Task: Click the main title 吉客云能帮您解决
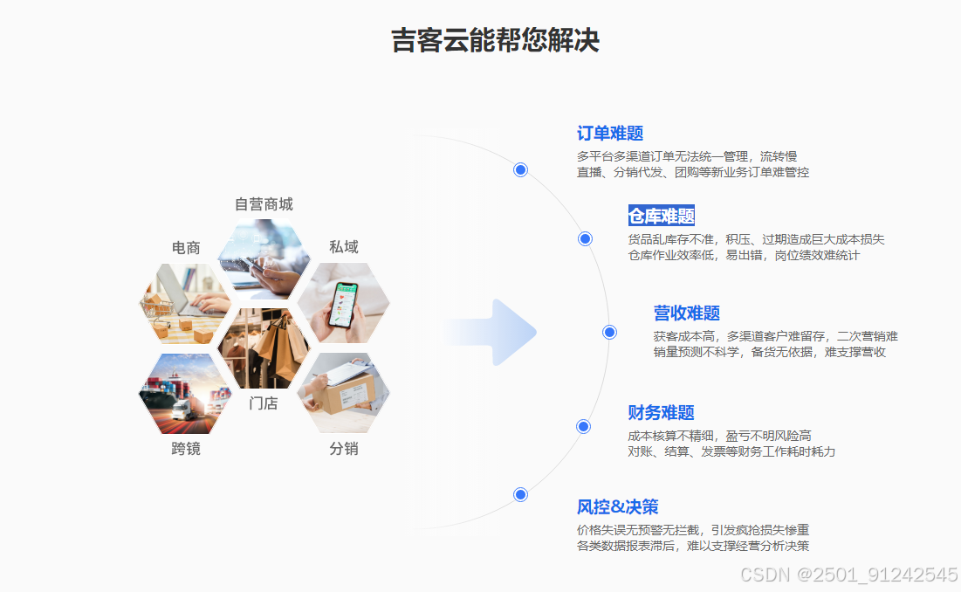[x=495, y=41]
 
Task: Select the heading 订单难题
[x=610, y=134]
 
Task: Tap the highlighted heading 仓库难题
[x=662, y=216]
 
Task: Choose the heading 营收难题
[x=687, y=313]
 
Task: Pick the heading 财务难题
[x=661, y=412]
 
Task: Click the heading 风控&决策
[x=617, y=506]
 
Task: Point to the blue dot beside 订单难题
[x=521, y=169]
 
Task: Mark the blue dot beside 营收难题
[x=610, y=332]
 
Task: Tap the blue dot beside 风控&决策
[x=521, y=494]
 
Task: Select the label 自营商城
[x=264, y=204]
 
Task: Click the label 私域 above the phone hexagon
[x=343, y=247]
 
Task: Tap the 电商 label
[x=186, y=248]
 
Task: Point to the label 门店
[x=264, y=403]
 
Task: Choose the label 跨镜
[x=186, y=449]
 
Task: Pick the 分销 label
[x=343, y=449]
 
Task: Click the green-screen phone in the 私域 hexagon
[x=344, y=306]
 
